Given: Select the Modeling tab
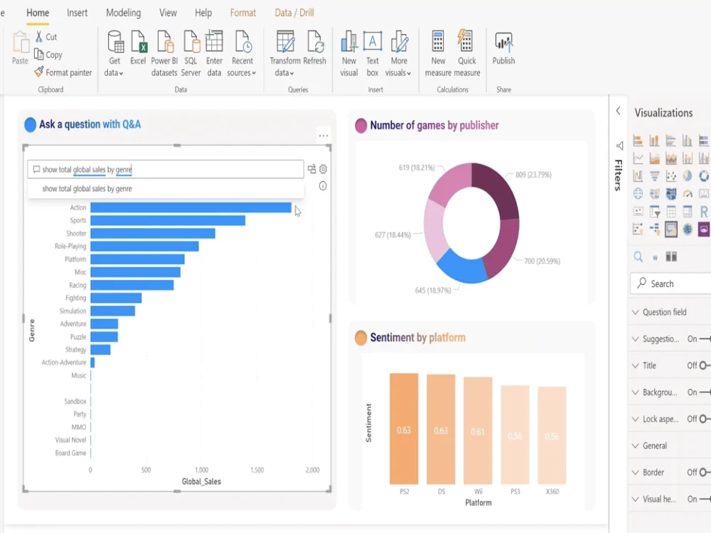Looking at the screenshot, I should [123, 13].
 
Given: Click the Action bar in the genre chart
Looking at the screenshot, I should [191, 208].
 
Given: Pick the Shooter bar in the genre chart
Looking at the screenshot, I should [152, 233].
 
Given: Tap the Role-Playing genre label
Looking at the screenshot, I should [70, 247].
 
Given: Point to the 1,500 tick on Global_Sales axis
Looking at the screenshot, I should [257, 470].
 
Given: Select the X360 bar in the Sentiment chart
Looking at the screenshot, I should [552, 435].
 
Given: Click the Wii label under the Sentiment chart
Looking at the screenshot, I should [478, 491].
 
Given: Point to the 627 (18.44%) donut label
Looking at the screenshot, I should [392, 235].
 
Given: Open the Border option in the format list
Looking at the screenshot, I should [653, 473].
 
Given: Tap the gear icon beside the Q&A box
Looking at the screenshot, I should [324, 169].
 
